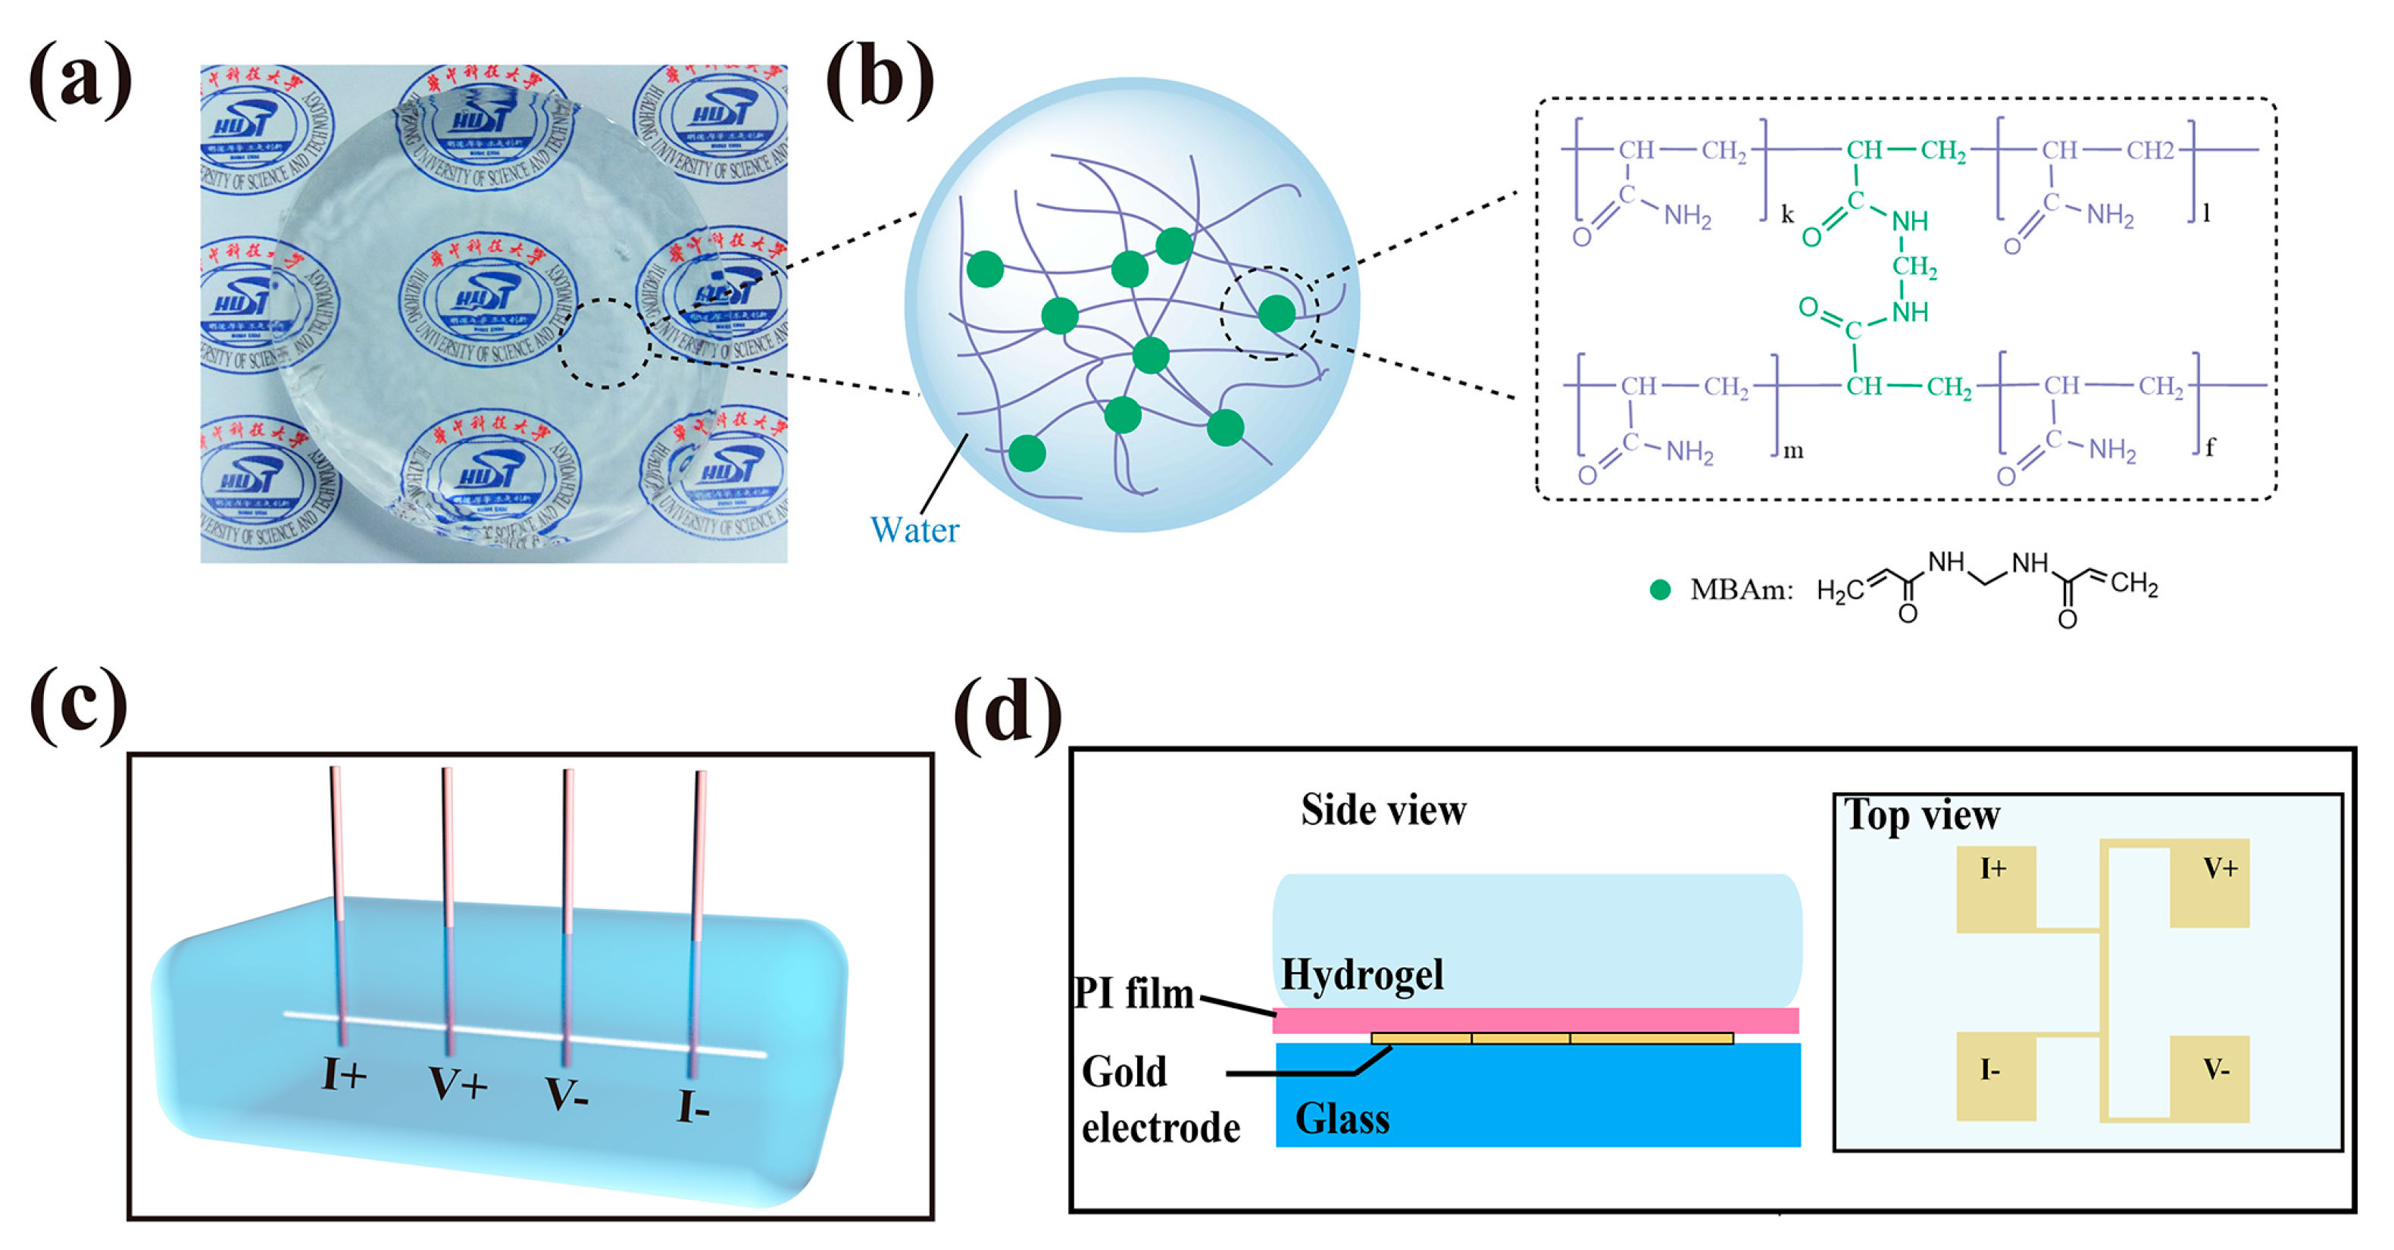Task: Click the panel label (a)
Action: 81,81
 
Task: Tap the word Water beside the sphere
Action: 914,530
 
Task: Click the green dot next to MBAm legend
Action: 1660,589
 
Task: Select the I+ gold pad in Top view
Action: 1996,888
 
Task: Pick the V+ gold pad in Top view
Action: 2209,885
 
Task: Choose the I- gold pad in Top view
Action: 1996,1077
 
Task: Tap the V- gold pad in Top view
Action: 2209,1078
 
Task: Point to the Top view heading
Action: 1922,815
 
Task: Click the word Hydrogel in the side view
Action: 1362,975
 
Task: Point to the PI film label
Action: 1134,992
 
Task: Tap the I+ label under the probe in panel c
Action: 344,1074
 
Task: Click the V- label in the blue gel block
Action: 567,1094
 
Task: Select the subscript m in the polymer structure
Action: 1792,452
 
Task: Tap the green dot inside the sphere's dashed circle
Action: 1277,313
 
